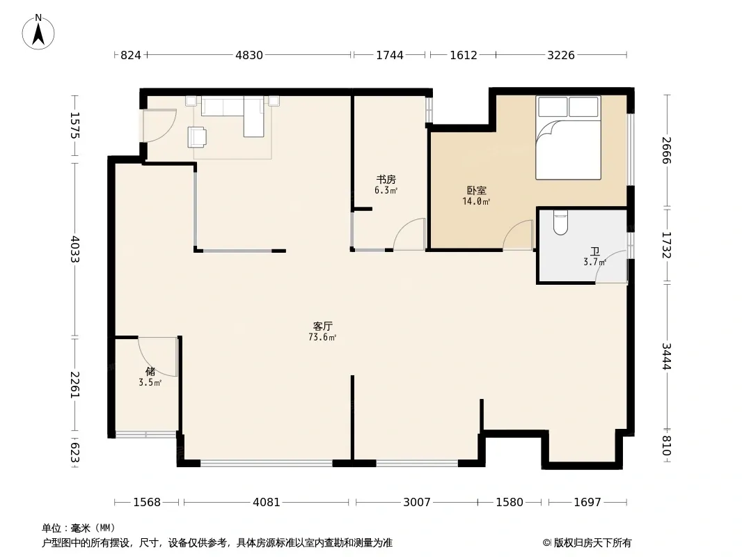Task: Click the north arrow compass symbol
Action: pyautogui.click(x=38, y=32)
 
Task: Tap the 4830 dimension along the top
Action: pyautogui.click(x=249, y=56)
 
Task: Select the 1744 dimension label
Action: pyautogui.click(x=390, y=56)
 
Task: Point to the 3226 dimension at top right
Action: pyautogui.click(x=561, y=56)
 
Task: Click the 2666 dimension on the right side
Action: pyautogui.click(x=666, y=150)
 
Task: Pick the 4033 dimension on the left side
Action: pyautogui.click(x=74, y=249)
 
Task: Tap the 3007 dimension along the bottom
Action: pyautogui.click(x=416, y=502)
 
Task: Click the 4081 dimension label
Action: pyautogui.click(x=267, y=502)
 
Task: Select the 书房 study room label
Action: pyautogui.click(x=386, y=180)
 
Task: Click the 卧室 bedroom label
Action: pyautogui.click(x=477, y=191)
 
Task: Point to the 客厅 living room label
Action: pyautogui.click(x=323, y=326)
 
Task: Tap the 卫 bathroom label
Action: pyautogui.click(x=595, y=251)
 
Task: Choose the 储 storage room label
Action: pyautogui.click(x=150, y=372)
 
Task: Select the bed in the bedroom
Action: pyautogui.click(x=568, y=138)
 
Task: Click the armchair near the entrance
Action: pyautogui.click(x=197, y=136)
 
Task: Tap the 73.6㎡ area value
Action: pyautogui.click(x=322, y=338)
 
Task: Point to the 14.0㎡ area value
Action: pyautogui.click(x=476, y=202)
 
